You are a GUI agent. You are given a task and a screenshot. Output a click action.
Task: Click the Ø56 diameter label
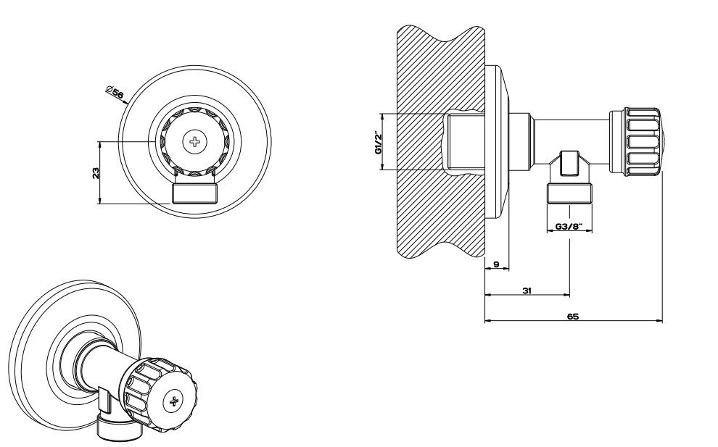[x=115, y=92]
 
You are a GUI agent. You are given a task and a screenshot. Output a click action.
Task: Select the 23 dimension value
[x=96, y=173]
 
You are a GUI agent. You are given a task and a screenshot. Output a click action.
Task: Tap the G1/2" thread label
[x=379, y=143]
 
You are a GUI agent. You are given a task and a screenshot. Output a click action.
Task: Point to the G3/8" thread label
[x=569, y=226]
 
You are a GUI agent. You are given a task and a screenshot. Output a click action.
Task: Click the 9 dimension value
[x=496, y=264]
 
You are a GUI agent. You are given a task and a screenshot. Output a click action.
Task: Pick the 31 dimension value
[x=527, y=290]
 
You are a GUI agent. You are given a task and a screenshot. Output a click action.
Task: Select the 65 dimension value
[x=573, y=316]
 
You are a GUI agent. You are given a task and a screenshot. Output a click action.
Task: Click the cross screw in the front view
[x=194, y=141]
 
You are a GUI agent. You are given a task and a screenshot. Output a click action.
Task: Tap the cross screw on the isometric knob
[x=174, y=401]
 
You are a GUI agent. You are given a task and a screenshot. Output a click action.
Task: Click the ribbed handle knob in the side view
[x=635, y=142]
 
